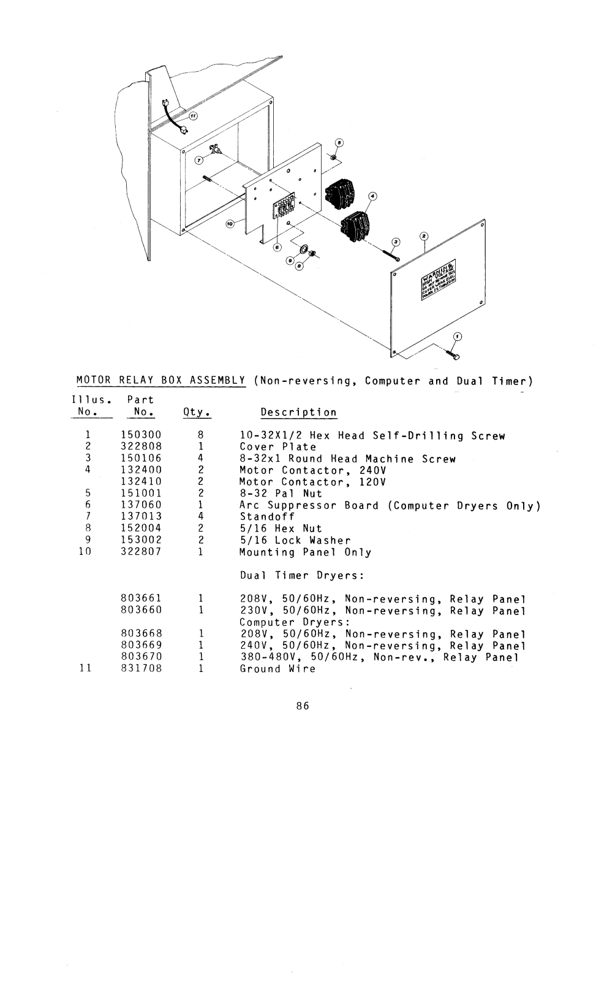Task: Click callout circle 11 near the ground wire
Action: pyautogui.click(x=193, y=116)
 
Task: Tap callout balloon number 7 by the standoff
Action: pyautogui.click(x=198, y=160)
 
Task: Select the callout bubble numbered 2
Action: pyautogui.click(x=423, y=237)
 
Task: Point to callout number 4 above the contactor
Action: pyautogui.click(x=372, y=196)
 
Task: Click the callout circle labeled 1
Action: pyautogui.click(x=456, y=336)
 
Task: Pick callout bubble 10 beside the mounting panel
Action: pyautogui.click(x=230, y=224)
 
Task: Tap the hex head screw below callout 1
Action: pyautogui.click(x=456, y=355)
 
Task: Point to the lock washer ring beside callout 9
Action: pyautogui.click(x=303, y=250)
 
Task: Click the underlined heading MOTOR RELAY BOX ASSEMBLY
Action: pyautogui.click(x=161, y=381)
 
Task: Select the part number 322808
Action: pyautogui.click(x=141, y=447)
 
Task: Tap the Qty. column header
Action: pyautogui.click(x=197, y=413)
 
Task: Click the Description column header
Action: pyautogui.click(x=298, y=413)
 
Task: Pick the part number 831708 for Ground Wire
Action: pyautogui.click(x=141, y=669)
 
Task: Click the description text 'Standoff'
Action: pyautogui.click(x=267, y=517)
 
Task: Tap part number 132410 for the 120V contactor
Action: pyautogui.click(x=141, y=482)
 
